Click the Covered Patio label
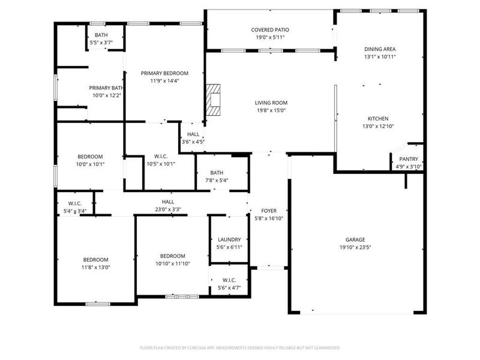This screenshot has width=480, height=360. tap(270, 30)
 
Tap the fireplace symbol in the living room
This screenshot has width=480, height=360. tap(214, 100)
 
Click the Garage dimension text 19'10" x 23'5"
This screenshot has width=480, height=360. tap(359, 247)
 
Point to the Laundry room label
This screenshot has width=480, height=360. tap(229, 239)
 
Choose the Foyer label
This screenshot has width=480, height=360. tap(269, 211)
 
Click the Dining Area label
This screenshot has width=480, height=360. tap(380, 49)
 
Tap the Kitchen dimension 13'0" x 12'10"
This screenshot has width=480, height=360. tap(378, 126)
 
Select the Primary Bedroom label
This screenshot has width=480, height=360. tap(164, 73)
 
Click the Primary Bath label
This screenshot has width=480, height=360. tap(106, 88)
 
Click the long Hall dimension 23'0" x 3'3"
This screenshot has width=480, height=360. tap(168, 209)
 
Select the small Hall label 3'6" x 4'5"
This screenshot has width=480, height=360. tap(193, 134)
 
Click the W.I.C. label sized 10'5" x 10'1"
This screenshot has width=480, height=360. tap(160, 156)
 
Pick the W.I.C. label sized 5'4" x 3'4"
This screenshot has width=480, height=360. tap(74, 203)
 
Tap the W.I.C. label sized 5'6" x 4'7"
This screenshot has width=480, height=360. tap(229, 280)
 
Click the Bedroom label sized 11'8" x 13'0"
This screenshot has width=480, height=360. tap(96, 259)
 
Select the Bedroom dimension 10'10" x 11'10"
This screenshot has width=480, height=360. tap(173, 263)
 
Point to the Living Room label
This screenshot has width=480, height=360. tap(271, 103)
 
